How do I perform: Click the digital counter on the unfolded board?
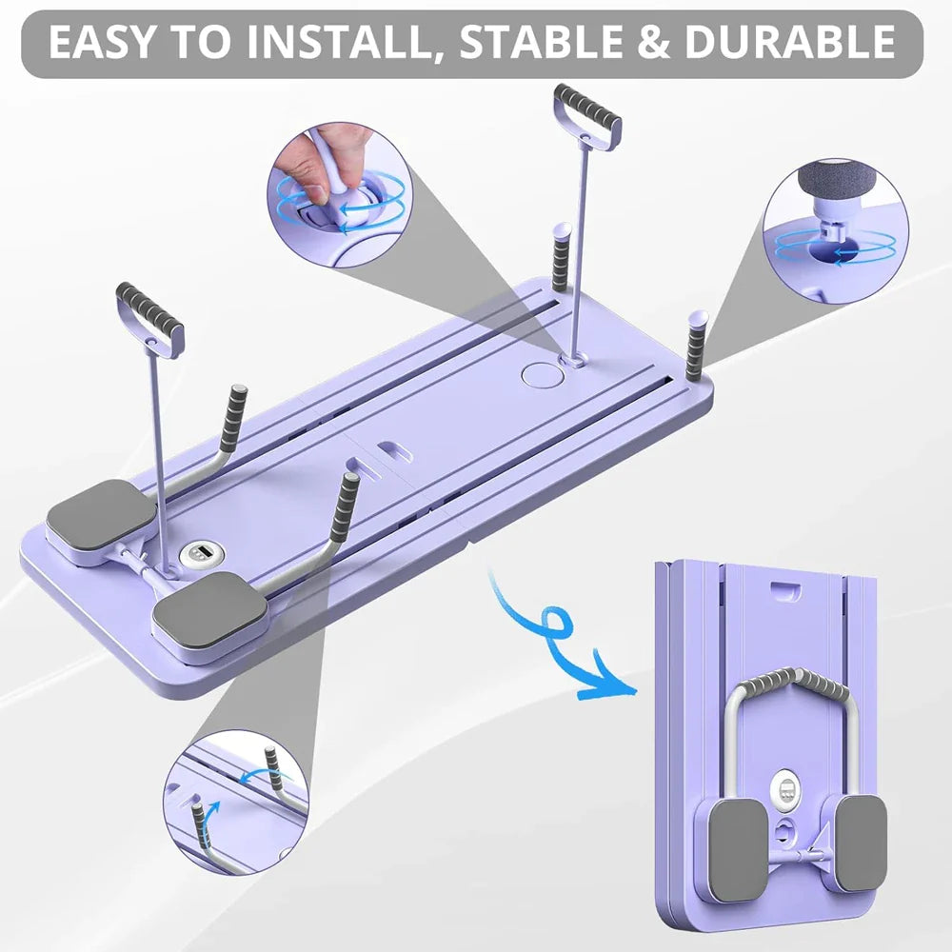201,553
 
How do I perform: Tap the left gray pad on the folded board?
738,847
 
